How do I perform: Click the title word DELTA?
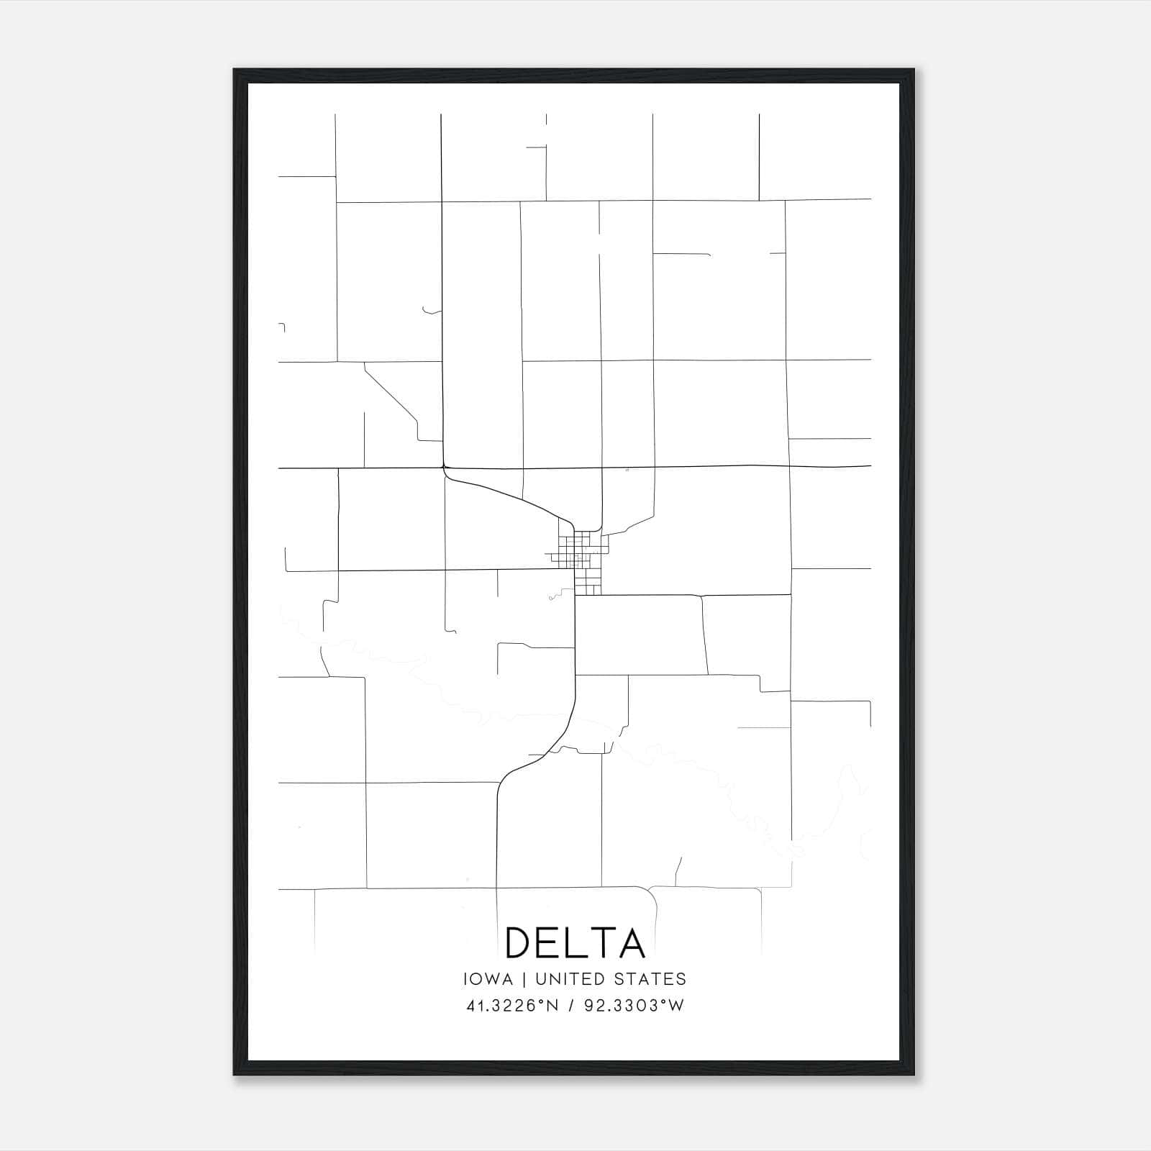coord(575,943)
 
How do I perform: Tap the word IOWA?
coord(489,979)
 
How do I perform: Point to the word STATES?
coord(651,979)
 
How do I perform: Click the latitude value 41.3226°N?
coord(512,1006)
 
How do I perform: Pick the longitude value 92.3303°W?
coord(634,1006)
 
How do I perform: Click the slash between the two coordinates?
coord(572,1006)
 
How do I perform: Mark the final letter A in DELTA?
coord(631,943)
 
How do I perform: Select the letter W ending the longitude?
coord(676,1006)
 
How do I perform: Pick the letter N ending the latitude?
coord(552,1006)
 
